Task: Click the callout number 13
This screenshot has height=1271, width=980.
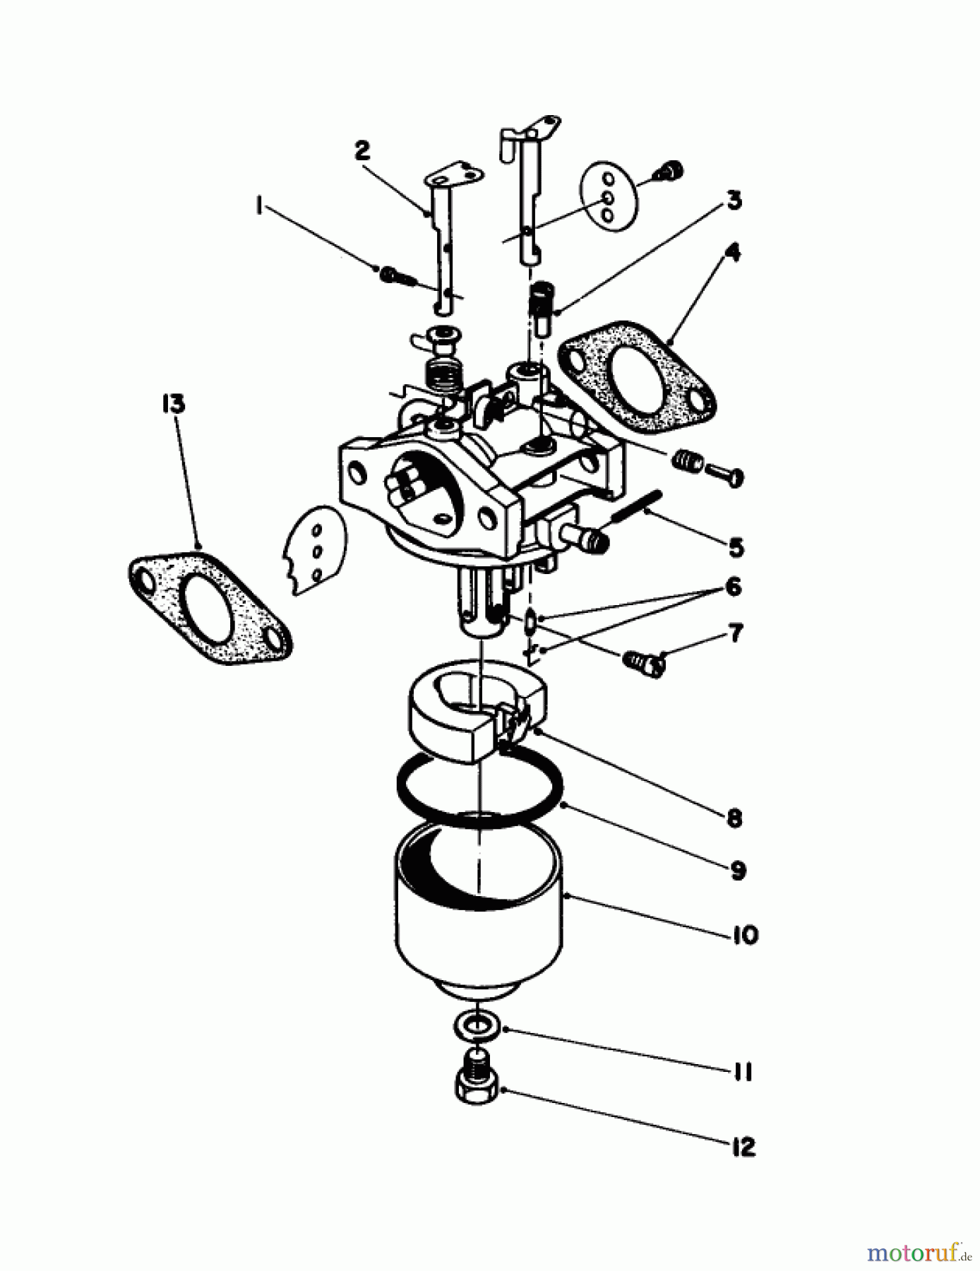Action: [x=173, y=404]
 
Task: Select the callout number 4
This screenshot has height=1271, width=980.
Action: [x=734, y=252]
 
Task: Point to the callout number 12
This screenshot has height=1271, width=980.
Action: [x=743, y=1147]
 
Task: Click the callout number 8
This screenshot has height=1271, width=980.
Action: [x=734, y=818]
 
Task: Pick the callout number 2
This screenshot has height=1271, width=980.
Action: [x=362, y=150]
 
